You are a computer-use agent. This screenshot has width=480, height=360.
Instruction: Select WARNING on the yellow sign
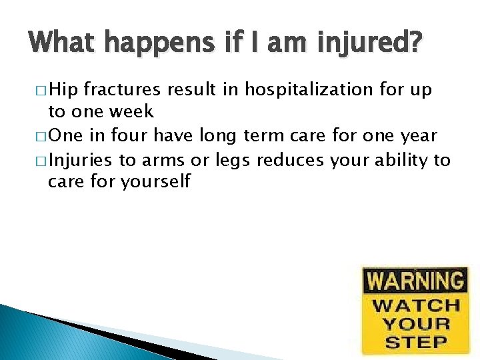(x=415, y=281)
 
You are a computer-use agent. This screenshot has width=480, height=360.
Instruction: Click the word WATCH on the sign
(x=415, y=306)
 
